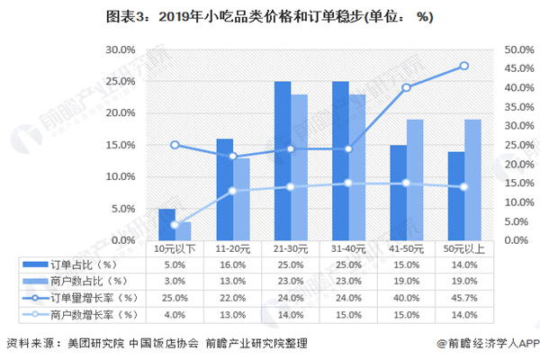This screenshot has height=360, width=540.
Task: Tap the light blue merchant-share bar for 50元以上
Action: [472, 179]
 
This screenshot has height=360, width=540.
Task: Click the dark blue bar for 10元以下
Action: [166, 224]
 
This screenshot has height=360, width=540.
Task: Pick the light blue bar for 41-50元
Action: [415, 179]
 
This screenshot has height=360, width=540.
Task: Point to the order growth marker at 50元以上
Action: [464, 66]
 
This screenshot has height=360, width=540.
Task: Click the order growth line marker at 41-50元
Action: [407, 87]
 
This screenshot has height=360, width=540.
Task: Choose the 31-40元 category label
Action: [348, 247]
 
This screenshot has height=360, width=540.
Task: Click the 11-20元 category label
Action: [233, 247]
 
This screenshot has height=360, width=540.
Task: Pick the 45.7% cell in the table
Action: [464, 297]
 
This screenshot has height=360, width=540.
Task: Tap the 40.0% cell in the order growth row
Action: [407, 297]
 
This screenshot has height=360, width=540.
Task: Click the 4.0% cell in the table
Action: [175, 314]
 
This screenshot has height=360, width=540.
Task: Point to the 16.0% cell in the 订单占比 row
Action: [233, 264]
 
